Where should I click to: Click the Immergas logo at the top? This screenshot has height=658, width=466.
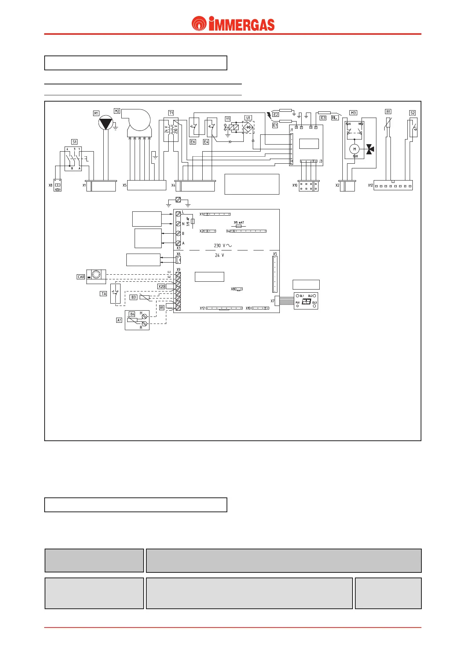click(x=233, y=24)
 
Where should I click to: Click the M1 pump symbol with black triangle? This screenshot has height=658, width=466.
click(x=105, y=123)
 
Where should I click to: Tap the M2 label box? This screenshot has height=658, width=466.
click(x=117, y=111)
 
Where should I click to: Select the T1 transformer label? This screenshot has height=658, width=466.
click(x=171, y=113)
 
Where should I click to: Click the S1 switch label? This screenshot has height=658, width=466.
click(x=74, y=142)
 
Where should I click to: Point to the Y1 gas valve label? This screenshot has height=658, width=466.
click(x=228, y=119)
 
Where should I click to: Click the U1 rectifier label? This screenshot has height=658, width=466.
click(x=248, y=118)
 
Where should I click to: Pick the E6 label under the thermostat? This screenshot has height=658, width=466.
click(x=193, y=142)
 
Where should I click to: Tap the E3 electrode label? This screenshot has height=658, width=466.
click(x=323, y=118)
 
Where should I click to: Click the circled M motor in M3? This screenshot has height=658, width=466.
click(x=354, y=149)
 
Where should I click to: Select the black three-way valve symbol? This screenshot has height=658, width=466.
click(x=370, y=149)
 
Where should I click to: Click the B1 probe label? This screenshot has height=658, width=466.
click(x=388, y=111)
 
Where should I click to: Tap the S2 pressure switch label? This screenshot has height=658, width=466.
click(x=412, y=113)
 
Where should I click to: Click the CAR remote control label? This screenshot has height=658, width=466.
click(x=81, y=277)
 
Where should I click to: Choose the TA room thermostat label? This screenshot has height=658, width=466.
click(x=103, y=293)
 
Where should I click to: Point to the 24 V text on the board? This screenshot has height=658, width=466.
click(x=220, y=255)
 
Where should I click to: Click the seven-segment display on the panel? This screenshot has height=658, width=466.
click(x=306, y=302)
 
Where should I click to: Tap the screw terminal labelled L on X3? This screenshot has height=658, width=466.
click(x=178, y=214)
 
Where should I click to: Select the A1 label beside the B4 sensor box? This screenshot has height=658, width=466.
click(x=119, y=320)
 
